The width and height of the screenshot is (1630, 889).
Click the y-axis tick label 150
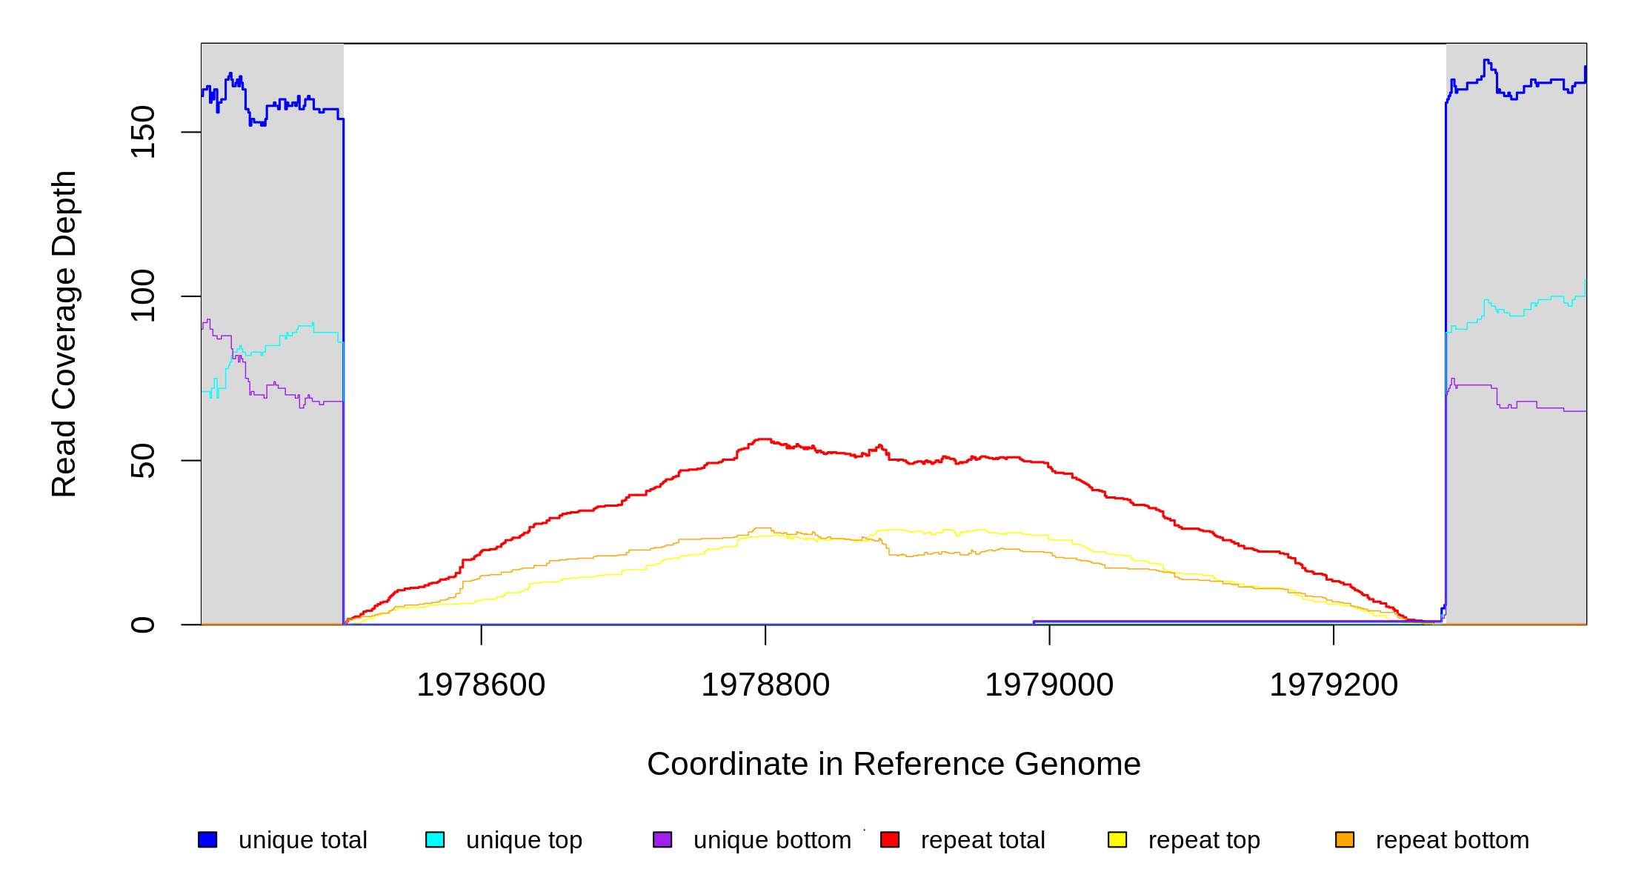[142, 132]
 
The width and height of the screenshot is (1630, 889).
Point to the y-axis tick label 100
[142, 296]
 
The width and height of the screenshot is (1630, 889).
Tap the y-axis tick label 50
[142, 461]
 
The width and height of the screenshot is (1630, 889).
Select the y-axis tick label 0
[142, 625]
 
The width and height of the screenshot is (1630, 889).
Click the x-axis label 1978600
[481, 685]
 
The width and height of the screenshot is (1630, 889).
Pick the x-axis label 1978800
[765, 685]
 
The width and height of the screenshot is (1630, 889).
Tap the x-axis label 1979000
[1049, 685]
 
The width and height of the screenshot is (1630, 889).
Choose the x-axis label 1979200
[1334, 685]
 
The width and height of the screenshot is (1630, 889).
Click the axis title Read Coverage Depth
[64, 333]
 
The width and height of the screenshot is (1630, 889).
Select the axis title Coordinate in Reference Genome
[894, 764]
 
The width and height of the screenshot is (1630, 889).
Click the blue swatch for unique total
[207, 839]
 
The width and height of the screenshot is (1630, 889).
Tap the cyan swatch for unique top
[435, 839]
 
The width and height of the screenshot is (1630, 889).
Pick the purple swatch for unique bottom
[662, 839]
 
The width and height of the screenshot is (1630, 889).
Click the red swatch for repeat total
[890, 839]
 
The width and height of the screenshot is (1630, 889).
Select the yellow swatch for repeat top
[1117, 839]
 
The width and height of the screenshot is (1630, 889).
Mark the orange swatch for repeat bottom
[1345, 839]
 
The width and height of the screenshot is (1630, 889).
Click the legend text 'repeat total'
[982, 840]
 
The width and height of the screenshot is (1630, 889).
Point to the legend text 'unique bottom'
[772, 840]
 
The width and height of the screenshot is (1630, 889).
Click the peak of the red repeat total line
[763, 439]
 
